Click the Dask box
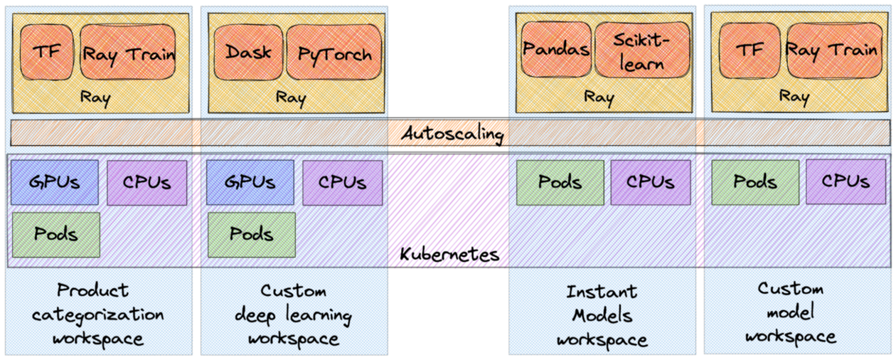(248, 52)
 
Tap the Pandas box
(556, 49)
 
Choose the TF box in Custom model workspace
(750, 50)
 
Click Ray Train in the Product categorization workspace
(128, 52)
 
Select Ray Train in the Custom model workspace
(831, 50)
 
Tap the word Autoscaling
(452, 133)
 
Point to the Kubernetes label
(449, 254)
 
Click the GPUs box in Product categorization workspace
(55, 182)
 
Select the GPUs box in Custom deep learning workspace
(250, 182)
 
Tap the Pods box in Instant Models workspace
(560, 182)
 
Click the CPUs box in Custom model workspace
(846, 182)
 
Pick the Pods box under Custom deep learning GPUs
(251, 234)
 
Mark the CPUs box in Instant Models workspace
(650, 182)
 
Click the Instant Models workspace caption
(602, 315)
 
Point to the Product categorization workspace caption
(97, 314)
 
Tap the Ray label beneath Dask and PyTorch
(290, 97)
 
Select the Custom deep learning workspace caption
(293, 314)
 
